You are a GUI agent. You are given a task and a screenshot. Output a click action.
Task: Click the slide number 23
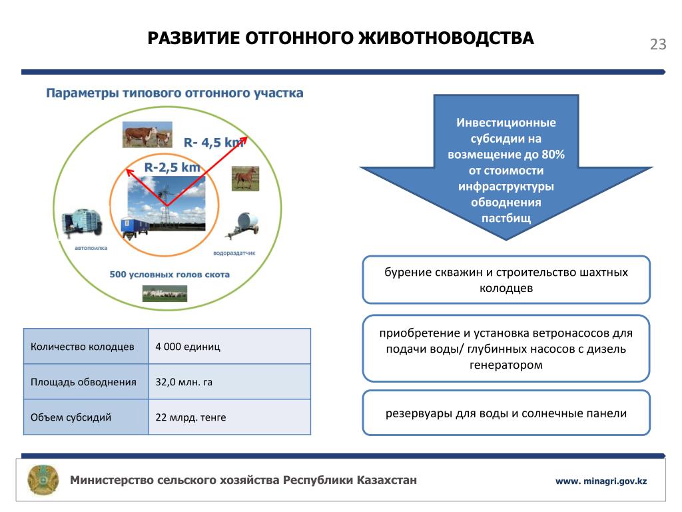pos(657,45)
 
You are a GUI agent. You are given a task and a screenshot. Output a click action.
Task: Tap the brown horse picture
pos(244,178)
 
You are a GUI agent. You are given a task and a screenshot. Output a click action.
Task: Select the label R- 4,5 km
pos(213,142)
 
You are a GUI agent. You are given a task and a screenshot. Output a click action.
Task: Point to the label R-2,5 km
pos(172,167)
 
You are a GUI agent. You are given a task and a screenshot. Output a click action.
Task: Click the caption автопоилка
pos(91,247)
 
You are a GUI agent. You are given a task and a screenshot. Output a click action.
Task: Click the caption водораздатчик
pos(234,254)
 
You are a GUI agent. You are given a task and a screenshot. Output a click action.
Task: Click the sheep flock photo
pos(165,293)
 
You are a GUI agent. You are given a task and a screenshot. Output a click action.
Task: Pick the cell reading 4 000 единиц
pos(188,347)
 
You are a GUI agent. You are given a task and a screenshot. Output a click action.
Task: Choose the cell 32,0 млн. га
pos(184,382)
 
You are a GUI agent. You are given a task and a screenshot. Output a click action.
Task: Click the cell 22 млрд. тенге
pos(190,417)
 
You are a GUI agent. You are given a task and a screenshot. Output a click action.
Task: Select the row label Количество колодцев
pos(83,347)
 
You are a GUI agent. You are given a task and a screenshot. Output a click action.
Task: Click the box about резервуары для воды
pos(506,413)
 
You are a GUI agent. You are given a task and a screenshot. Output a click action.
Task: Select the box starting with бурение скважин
pos(506,280)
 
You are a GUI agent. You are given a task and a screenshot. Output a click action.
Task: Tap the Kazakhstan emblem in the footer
pos(43,479)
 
